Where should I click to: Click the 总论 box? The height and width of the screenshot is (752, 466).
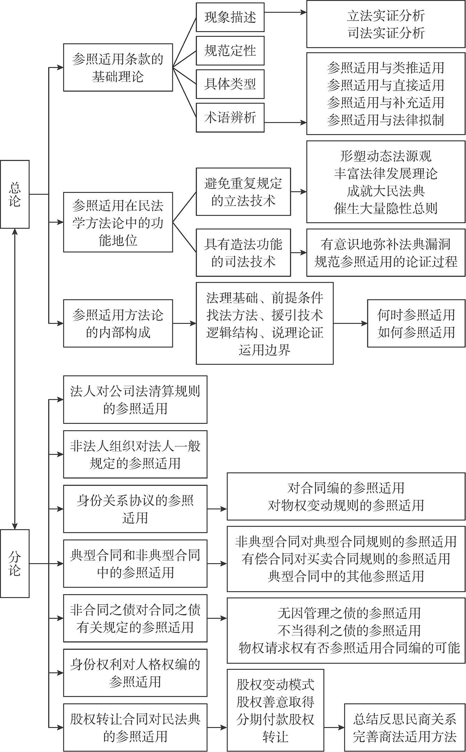coord(15,194)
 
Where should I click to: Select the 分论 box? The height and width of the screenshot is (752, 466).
coord(15,563)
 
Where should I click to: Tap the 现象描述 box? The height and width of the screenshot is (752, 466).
coord(230,17)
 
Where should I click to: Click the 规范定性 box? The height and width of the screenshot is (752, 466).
coord(230,51)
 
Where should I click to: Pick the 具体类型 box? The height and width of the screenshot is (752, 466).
coord(230,84)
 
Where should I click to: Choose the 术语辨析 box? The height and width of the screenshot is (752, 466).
coord(230,117)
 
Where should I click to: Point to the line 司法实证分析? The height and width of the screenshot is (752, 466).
coord(386,33)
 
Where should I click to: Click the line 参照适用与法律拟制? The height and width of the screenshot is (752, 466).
coord(386,120)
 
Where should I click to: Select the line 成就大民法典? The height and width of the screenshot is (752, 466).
coord(386,191)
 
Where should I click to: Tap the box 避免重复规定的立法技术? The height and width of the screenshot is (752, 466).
coord(243,192)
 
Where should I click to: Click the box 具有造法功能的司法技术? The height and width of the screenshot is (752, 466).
coord(243,253)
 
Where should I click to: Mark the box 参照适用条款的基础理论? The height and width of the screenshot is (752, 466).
coord(118,68)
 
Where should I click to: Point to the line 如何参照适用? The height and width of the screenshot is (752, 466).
coord(416,332)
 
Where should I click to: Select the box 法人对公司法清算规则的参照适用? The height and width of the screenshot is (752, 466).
coord(135,400)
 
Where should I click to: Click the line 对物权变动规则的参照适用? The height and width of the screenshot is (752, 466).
coord(346,505)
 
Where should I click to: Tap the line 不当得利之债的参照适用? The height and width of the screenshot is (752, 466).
coord(349,630)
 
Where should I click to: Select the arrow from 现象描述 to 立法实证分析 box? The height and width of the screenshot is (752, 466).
coord(285,13)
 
